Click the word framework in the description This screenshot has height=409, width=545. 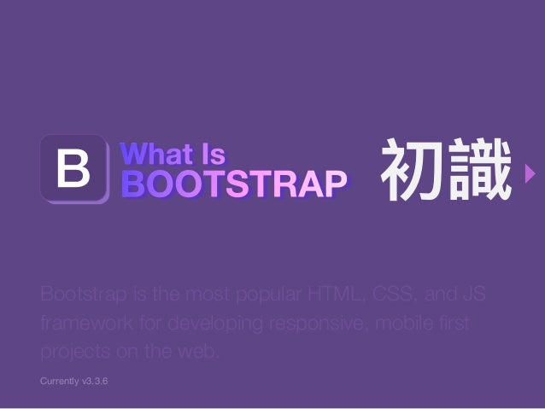click(79, 325)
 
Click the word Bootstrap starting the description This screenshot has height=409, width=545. click(79, 296)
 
